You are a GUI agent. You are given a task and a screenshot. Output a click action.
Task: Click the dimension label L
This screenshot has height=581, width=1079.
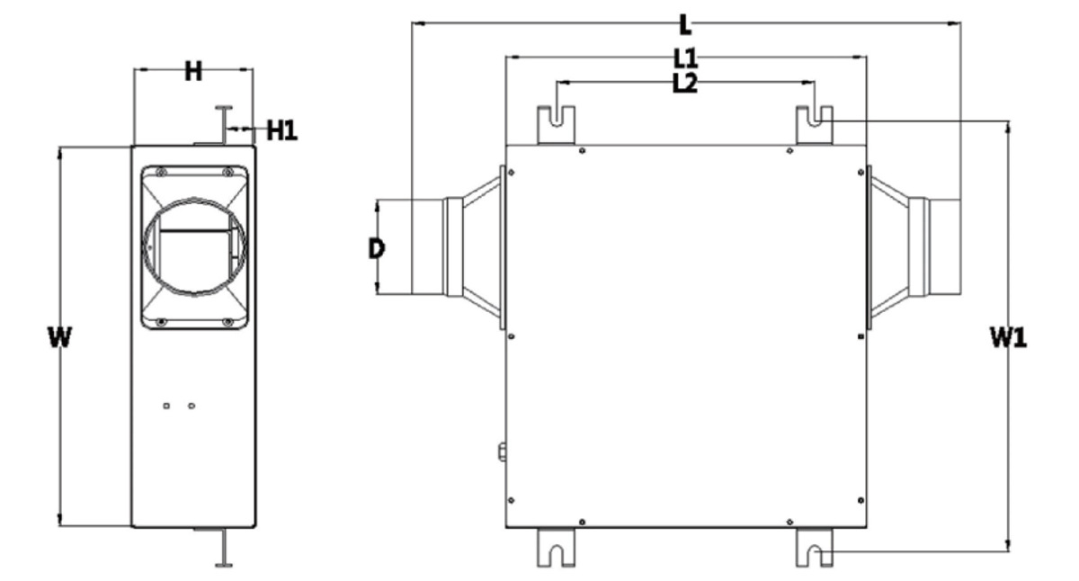pyautogui.click(x=685, y=25)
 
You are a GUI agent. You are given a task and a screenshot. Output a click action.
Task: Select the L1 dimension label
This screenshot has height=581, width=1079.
pyautogui.click(x=685, y=58)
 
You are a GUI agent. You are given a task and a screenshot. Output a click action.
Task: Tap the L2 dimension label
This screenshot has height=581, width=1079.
pyautogui.click(x=684, y=84)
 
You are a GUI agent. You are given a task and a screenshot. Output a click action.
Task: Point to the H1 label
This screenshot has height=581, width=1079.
pyautogui.click(x=281, y=130)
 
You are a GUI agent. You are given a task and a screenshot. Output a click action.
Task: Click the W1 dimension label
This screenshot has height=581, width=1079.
pyautogui.click(x=1008, y=337)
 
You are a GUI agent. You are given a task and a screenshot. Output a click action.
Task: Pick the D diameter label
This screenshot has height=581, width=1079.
pyautogui.click(x=377, y=249)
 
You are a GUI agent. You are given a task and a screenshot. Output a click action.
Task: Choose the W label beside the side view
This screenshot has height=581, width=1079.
pyautogui.click(x=60, y=337)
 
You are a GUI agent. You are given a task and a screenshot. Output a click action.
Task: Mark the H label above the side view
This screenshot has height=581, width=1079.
pyautogui.click(x=193, y=72)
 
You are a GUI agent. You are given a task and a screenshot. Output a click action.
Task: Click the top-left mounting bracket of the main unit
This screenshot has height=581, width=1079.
pyautogui.click(x=556, y=125)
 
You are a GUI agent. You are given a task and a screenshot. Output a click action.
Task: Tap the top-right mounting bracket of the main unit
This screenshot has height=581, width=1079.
pyautogui.click(x=814, y=125)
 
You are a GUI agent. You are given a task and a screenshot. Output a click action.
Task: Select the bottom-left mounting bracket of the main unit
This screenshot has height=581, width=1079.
pyautogui.click(x=556, y=548)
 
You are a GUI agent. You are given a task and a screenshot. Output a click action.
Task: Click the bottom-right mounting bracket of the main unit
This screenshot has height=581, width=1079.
pyautogui.click(x=814, y=548)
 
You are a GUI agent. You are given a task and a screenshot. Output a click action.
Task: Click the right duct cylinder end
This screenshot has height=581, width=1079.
pyautogui.click(x=945, y=246)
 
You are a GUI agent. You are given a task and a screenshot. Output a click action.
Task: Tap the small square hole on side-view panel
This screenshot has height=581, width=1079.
pyautogui.click(x=166, y=407)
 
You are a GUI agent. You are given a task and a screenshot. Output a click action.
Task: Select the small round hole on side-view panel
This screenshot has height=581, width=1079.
pyautogui.click(x=192, y=407)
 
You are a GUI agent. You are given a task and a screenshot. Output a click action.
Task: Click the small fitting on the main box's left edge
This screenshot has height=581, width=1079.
pyautogui.click(x=502, y=452)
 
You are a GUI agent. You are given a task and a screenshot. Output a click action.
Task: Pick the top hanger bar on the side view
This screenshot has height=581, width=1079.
pyautogui.click(x=224, y=124)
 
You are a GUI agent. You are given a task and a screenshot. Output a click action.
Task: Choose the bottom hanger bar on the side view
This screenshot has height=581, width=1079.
pyautogui.click(x=224, y=549)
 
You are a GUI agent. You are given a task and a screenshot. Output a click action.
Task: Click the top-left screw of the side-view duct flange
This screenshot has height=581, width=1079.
pyautogui.click(x=161, y=172)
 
